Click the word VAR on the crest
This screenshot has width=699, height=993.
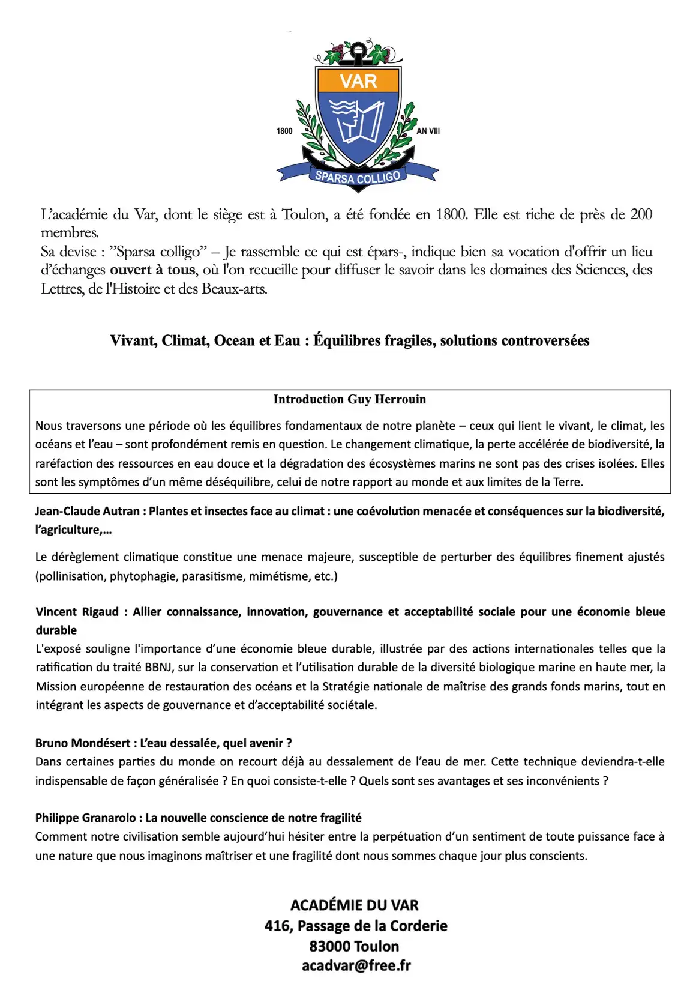click(358, 81)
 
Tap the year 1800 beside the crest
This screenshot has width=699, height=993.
click(284, 131)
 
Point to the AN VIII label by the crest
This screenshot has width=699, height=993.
click(428, 131)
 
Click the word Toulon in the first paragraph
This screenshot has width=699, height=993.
click(304, 214)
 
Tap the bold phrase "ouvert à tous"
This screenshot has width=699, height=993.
click(152, 270)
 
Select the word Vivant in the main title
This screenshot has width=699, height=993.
click(133, 340)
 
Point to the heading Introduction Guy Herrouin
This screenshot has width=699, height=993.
click(349, 399)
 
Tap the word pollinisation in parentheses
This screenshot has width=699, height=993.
click(71, 576)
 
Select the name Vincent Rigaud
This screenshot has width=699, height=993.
click(77, 611)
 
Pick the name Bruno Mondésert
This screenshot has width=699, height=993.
click(82, 743)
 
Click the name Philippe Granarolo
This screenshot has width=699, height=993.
click(88, 818)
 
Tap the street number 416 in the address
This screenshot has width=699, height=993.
click(277, 926)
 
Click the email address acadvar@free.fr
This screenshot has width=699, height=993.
click(356, 965)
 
